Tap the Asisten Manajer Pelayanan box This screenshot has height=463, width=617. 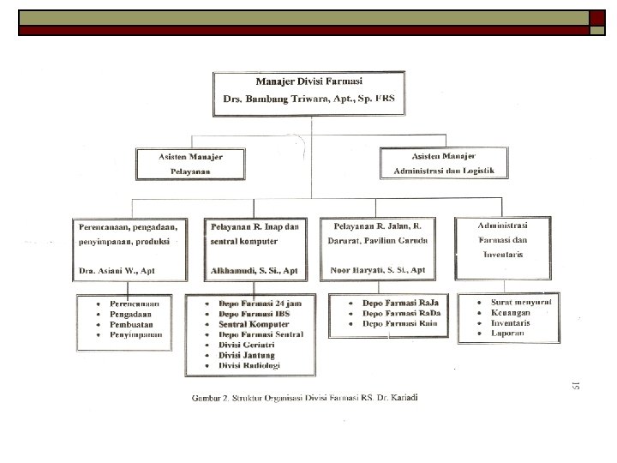point(189,163)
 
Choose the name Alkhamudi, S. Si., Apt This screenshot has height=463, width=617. point(255,271)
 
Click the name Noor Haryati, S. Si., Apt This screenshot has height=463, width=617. point(378,270)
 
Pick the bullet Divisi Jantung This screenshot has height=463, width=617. point(243,354)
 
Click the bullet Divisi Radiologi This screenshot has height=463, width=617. point(249,364)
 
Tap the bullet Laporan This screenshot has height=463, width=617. point(508,334)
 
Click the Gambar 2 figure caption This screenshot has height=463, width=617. point(311,399)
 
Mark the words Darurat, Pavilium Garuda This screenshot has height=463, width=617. point(378,240)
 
